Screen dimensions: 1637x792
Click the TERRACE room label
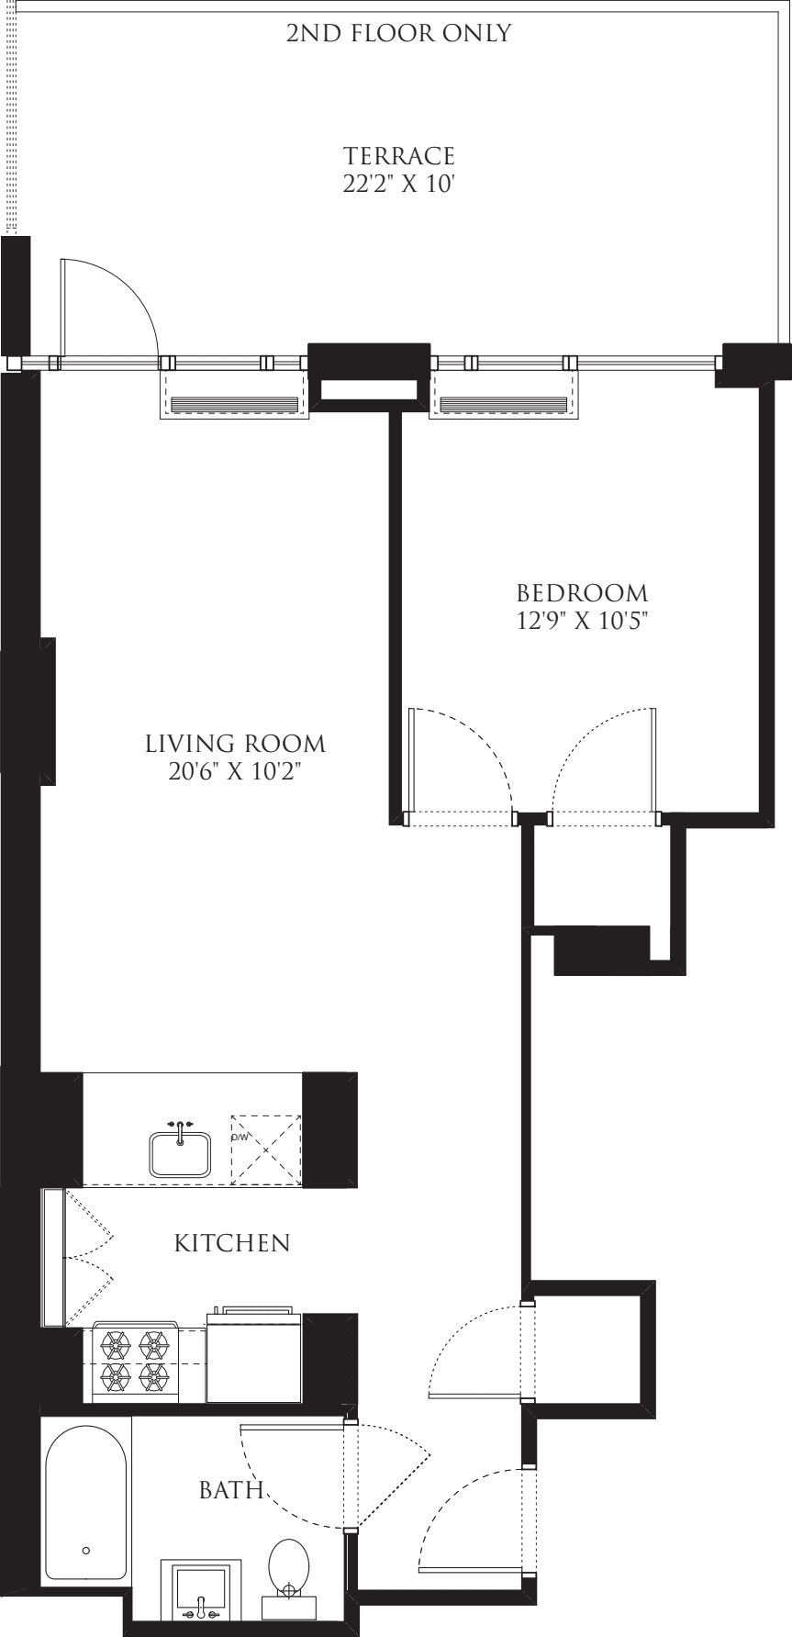click(x=398, y=155)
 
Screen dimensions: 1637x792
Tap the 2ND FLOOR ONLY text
click(x=398, y=34)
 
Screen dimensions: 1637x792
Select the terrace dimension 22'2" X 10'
click(x=398, y=184)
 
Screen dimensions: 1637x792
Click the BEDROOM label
click(x=581, y=592)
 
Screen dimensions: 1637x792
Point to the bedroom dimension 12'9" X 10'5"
click(x=581, y=621)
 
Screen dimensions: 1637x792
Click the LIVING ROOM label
click(x=237, y=742)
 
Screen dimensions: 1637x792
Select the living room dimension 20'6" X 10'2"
click(x=237, y=771)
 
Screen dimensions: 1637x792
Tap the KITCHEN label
click(x=232, y=1243)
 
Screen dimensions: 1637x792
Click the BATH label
click(x=231, y=1489)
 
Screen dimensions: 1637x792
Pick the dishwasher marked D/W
click(x=266, y=1149)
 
